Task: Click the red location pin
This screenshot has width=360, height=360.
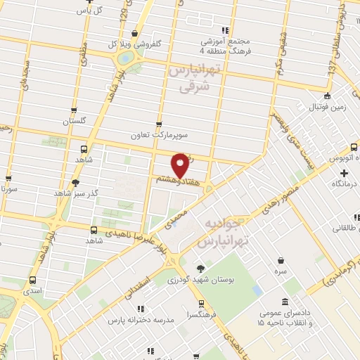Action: tap(181, 165)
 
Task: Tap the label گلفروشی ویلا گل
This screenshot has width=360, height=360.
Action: tap(138, 43)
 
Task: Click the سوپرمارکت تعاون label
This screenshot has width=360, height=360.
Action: tap(165, 134)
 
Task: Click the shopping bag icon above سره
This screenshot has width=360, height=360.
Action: tap(281, 260)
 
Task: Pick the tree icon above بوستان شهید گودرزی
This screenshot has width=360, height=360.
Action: tap(202, 268)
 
